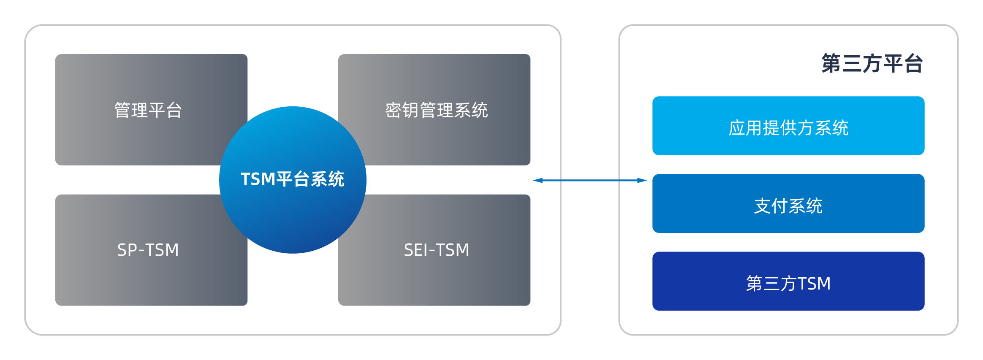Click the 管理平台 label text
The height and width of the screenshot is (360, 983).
(x=148, y=111)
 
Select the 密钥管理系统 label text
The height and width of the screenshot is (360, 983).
(x=436, y=111)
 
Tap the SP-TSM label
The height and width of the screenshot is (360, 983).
(x=148, y=250)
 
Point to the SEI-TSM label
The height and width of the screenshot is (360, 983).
(x=436, y=250)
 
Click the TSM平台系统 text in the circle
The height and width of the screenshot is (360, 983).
(x=292, y=179)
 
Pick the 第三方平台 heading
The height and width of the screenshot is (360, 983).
(x=872, y=63)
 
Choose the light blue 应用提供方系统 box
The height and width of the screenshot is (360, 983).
(x=788, y=126)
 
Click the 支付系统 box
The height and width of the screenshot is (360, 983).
(x=788, y=203)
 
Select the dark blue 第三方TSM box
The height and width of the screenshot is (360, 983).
(x=788, y=281)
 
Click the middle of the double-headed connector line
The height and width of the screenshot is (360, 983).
(x=590, y=180)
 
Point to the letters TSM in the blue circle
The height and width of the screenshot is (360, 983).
(x=258, y=179)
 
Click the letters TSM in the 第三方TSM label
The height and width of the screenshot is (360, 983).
(x=814, y=283)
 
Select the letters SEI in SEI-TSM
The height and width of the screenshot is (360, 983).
(x=415, y=250)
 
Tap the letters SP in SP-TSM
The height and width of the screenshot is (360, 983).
(x=126, y=250)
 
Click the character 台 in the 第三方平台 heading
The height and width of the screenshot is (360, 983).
(x=913, y=63)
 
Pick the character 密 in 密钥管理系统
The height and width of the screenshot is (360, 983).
(x=393, y=111)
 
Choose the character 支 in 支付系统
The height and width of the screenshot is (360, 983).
(x=763, y=206)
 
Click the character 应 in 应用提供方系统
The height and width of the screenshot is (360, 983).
(x=737, y=128)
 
